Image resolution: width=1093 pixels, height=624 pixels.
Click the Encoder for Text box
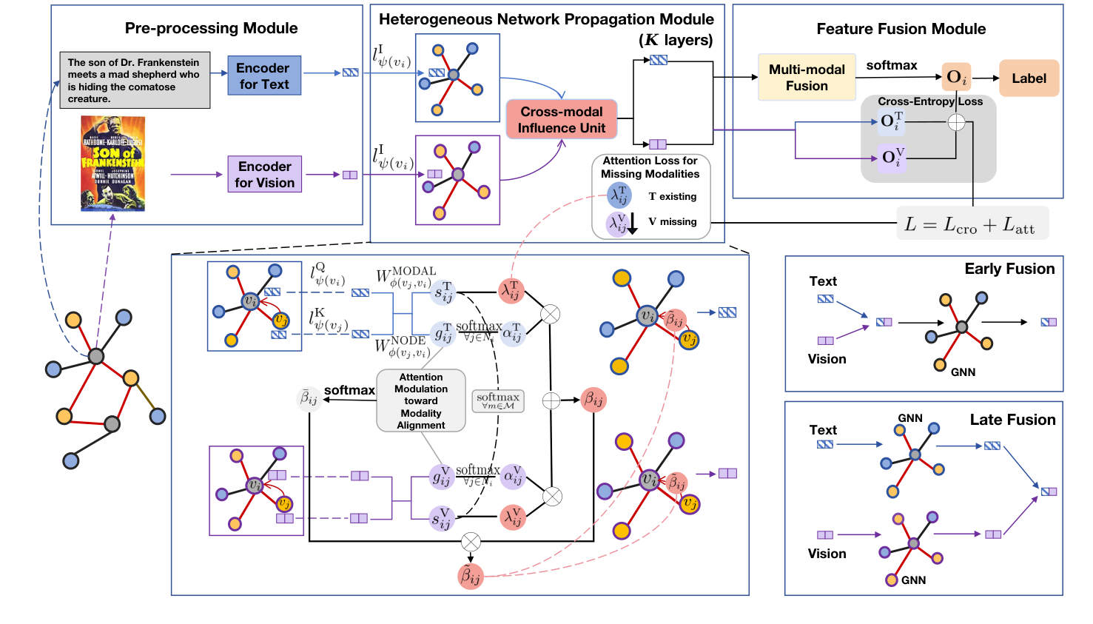(x=264, y=76)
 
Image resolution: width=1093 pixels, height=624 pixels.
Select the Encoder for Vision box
(x=264, y=174)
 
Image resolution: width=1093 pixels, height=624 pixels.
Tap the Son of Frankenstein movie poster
(x=112, y=164)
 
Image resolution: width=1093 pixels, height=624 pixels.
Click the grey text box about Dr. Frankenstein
(x=135, y=81)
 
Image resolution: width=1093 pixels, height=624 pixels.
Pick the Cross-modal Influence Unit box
(x=562, y=120)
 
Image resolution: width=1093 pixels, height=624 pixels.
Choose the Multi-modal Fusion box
(x=807, y=77)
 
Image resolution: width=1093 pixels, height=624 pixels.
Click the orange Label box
(x=1029, y=78)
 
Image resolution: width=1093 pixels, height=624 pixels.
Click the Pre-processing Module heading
(x=211, y=28)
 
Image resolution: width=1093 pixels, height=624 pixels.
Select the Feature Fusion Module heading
(x=901, y=29)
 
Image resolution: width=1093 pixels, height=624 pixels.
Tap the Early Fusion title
(x=1009, y=269)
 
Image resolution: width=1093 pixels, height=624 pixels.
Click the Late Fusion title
(x=1012, y=420)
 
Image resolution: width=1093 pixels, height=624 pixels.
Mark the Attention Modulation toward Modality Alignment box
(x=421, y=400)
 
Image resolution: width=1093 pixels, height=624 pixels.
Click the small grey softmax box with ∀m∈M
(x=498, y=401)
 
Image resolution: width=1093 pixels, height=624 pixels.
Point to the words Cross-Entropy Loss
(x=930, y=101)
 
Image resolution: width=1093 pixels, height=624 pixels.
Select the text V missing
(x=673, y=221)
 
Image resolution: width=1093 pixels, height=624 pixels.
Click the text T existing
(x=673, y=196)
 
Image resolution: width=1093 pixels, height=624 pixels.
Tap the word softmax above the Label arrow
(x=892, y=65)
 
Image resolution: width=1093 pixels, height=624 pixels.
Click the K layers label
(x=676, y=40)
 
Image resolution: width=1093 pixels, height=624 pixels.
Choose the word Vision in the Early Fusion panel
(x=827, y=359)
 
